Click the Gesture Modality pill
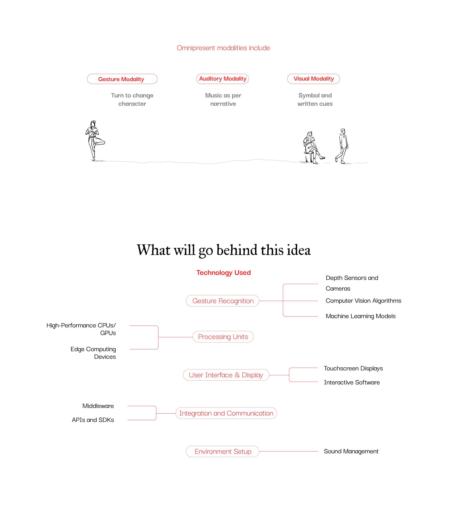[122, 79]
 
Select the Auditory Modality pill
[223, 79]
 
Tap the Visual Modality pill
[313, 79]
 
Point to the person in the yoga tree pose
[94, 140]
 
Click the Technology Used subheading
[223, 273]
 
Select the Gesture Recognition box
[223, 301]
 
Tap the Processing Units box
[223, 337]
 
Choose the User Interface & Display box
[226, 375]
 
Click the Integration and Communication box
[226, 413]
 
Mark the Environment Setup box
[223, 451]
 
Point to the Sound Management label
[351, 451]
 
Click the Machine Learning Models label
[361, 316]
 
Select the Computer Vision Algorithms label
[363, 301]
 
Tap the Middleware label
[98, 406]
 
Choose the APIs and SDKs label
[93, 420]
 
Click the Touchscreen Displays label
[353, 368]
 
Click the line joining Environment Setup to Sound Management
[288, 451]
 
